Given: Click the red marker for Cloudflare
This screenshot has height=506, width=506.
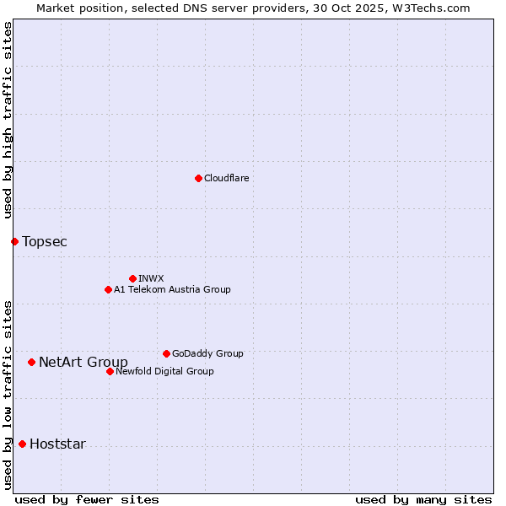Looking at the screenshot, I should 198,178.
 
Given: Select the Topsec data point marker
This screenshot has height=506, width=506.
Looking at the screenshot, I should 14,242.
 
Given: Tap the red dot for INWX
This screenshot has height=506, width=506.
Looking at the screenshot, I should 132,278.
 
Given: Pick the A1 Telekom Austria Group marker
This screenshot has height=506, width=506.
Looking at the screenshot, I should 108,289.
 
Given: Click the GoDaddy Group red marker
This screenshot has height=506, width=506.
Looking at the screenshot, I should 166,353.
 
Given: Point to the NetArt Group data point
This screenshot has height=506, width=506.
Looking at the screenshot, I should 31,363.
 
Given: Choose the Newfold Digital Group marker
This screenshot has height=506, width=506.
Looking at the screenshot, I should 110,371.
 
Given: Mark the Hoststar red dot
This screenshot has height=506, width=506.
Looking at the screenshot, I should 22,444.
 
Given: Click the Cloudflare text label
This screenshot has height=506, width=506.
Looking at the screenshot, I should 227,178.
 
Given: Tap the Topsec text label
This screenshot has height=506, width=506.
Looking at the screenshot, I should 45,242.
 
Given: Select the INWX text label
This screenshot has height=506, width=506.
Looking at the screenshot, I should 151,278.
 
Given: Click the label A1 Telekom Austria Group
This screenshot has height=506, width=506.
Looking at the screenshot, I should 172,289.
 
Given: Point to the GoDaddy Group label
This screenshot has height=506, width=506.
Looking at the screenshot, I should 207,353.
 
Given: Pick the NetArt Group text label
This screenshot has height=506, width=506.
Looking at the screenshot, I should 83,363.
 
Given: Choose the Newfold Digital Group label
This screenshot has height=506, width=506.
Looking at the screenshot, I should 164,371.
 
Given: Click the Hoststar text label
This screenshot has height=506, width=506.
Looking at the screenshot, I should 57,444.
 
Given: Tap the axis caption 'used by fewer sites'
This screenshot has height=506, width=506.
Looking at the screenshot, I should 87,499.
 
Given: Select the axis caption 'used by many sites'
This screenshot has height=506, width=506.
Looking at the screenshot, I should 423,499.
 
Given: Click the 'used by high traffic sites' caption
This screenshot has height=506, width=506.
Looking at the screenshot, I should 8,121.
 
